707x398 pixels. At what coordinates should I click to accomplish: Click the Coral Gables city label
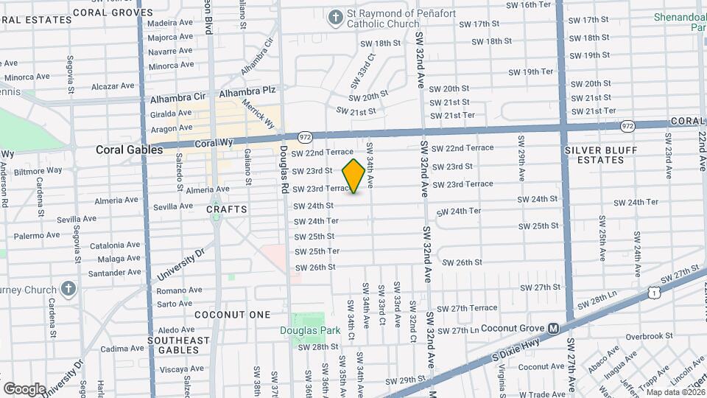pyautogui.click(x=129, y=150)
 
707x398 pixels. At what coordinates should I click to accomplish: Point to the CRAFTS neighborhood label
pyautogui.click(x=227, y=210)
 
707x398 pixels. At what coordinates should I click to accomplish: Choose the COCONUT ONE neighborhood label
pyautogui.click(x=233, y=315)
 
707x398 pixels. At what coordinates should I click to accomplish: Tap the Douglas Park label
pyautogui.click(x=310, y=330)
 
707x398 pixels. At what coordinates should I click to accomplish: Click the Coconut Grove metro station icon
pyautogui.click(x=553, y=329)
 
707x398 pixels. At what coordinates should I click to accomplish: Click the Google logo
pyautogui.click(x=24, y=388)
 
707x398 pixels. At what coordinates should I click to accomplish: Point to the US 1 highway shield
pyautogui.click(x=654, y=293)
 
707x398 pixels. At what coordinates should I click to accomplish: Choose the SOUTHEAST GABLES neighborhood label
pyautogui.click(x=179, y=346)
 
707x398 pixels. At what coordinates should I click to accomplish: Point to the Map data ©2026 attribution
pyautogui.click(x=674, y=392)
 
